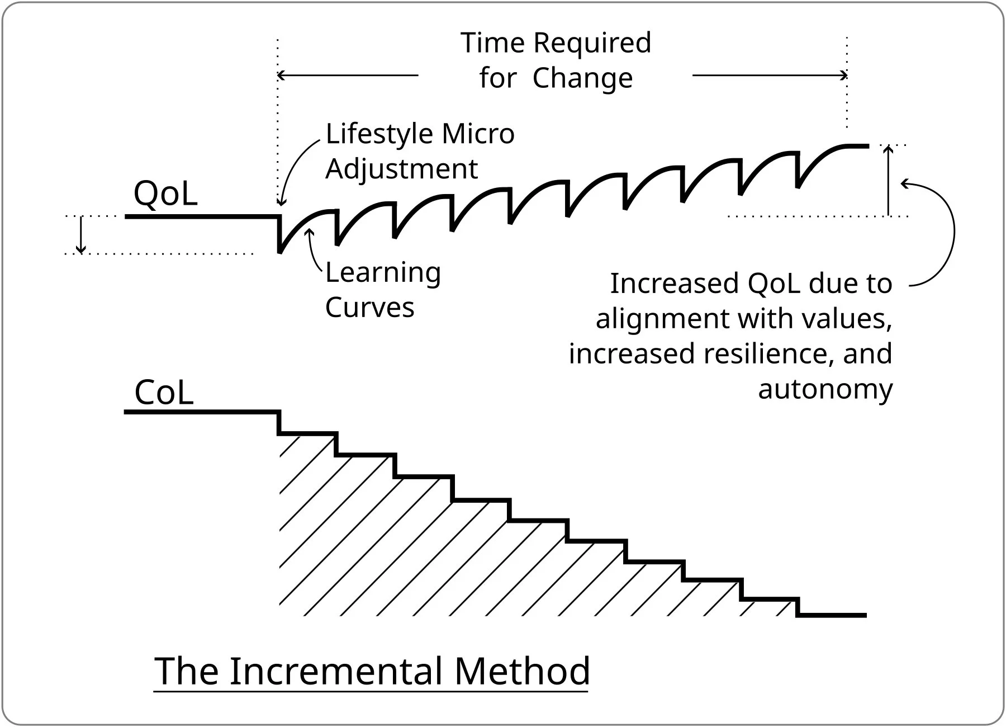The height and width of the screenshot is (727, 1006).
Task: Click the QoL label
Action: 165,193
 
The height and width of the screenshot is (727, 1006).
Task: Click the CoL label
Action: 164,392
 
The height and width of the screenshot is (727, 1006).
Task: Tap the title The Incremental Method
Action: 372,671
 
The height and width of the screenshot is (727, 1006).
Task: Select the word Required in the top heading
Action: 592,43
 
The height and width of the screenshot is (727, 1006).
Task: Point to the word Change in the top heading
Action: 582,78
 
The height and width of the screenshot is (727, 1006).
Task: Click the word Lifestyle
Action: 379,134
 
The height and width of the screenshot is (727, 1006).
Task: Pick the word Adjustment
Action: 401,169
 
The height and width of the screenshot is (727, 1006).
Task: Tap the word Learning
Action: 383,273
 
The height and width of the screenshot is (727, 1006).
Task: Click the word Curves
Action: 369,307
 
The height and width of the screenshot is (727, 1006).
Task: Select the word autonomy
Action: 825,389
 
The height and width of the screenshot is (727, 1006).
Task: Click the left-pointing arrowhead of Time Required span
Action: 281,75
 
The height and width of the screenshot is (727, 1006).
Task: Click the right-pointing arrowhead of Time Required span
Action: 844,75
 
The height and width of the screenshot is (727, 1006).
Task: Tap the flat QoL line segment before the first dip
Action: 201,216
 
